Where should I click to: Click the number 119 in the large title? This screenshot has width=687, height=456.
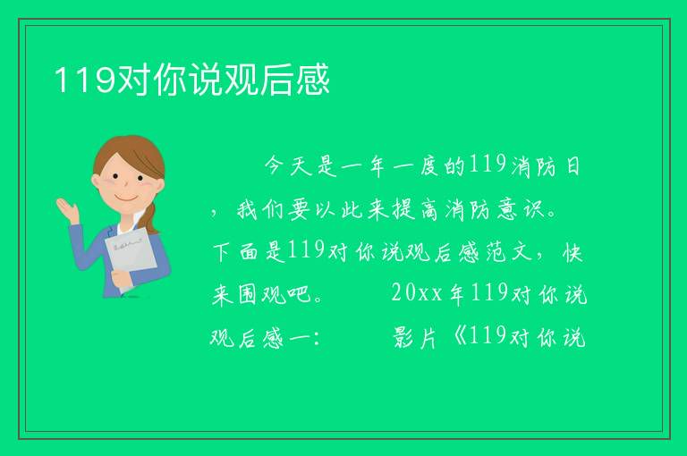pos(86,80)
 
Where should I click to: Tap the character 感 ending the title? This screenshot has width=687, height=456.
pos(313,80)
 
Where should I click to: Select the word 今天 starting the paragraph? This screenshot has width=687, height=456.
pos(288,166)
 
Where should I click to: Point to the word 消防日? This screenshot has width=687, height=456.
pos(546,166)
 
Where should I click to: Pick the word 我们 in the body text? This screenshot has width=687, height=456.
pos(261,209)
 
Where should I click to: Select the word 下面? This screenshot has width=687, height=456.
pos(236,252)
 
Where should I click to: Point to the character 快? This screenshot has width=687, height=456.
pos(572,252)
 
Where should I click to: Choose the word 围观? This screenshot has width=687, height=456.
pos(250,294)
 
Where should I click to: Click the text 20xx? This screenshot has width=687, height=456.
pos(417,292)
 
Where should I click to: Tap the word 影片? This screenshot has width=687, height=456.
pos(415,337)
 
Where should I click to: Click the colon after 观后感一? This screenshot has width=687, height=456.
pos(317,339)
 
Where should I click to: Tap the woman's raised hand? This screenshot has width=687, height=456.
pos(67,209)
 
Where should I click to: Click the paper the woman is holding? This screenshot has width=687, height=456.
pos(130,258)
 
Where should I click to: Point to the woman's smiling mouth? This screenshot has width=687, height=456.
pos(125,198)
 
